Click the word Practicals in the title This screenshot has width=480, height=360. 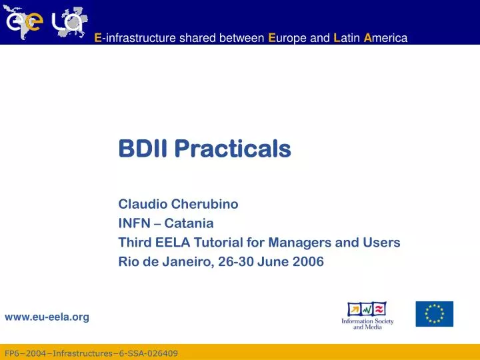(x=233, y=149)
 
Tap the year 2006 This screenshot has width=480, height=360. (x=310, y=262)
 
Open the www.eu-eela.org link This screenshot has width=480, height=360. (x=47, y=317)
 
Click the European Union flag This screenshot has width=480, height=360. (x=434, y=314)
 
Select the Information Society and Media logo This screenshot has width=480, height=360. (x=367, y=315)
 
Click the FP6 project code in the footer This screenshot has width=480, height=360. (x=91, y=353)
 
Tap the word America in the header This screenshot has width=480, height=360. (x=385, y=38)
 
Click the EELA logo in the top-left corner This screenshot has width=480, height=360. (x=45, y=21)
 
